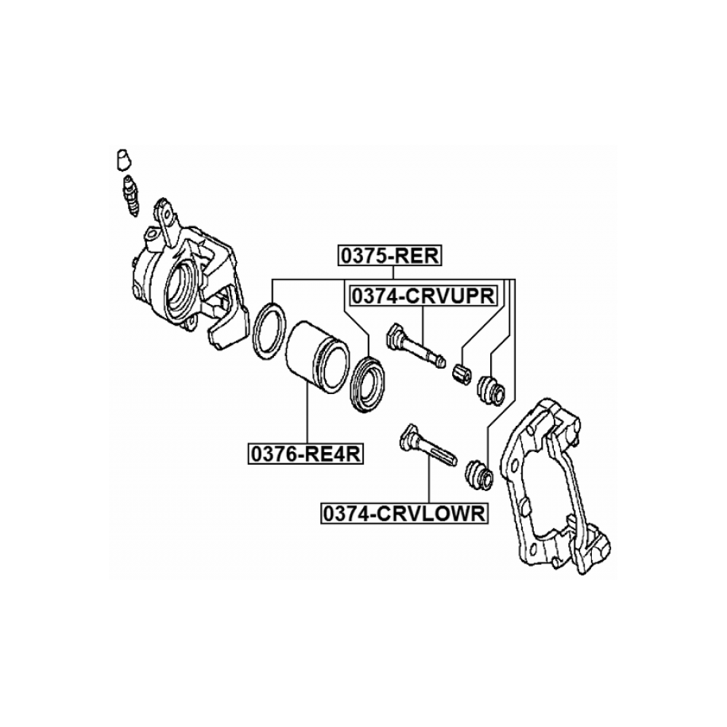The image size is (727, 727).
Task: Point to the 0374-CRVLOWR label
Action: click(404, 514)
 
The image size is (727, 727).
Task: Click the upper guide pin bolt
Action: click(416, 346)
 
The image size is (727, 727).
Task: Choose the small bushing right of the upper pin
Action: click(462, 371)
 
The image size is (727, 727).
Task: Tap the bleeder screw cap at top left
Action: click(122, 159)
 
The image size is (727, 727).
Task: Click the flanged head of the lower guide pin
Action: click(408, 433)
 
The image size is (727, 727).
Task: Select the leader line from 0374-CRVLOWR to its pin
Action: click(430, 485)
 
